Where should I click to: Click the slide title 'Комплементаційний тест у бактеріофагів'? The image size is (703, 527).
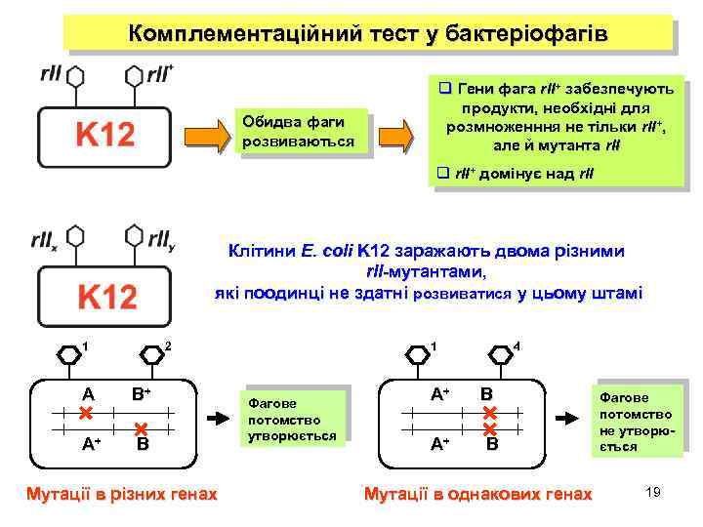368,34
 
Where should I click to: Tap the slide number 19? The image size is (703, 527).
653,492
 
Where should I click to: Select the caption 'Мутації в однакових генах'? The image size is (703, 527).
477,494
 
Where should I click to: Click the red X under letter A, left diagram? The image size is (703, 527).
86,414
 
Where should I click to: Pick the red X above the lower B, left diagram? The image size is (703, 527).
142,428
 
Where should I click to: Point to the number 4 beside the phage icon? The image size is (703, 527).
517,346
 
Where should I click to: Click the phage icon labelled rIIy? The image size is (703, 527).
135,237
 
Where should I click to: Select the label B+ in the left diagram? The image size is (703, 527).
142,394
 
